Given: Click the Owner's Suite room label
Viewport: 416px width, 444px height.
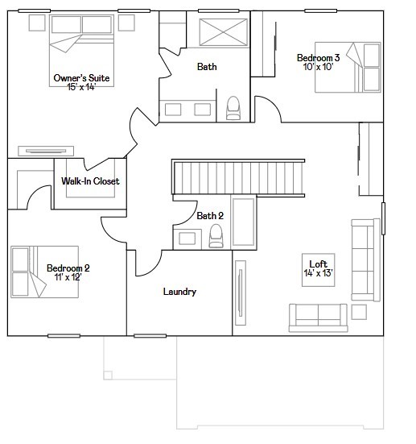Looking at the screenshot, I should tap(81, 77).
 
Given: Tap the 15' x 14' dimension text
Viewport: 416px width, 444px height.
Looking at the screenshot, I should tap(81, 86).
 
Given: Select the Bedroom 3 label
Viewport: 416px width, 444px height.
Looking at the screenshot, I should tap(318, 58).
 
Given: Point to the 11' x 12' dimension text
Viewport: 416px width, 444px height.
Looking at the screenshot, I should tap(68, 276).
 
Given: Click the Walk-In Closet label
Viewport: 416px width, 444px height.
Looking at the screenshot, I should tap(90, 181).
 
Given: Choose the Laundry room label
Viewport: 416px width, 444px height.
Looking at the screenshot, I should tap(179, 292).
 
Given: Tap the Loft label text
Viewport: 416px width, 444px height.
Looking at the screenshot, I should tap(319, 263).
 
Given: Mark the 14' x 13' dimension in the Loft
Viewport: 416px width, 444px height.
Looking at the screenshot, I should tap(319, 273).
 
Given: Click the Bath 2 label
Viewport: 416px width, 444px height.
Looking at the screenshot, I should tap(210, 215).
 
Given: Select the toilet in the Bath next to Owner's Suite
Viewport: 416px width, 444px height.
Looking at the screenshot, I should tap(234, 107).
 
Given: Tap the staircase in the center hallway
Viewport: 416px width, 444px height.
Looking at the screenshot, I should tap(239, 177).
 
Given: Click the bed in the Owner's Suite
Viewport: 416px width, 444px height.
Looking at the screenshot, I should tap(85, 43).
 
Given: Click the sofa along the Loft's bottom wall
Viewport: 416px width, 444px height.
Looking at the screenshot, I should tap(319, 316).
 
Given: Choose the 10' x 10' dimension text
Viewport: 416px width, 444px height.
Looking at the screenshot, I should tap(318, 67).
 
